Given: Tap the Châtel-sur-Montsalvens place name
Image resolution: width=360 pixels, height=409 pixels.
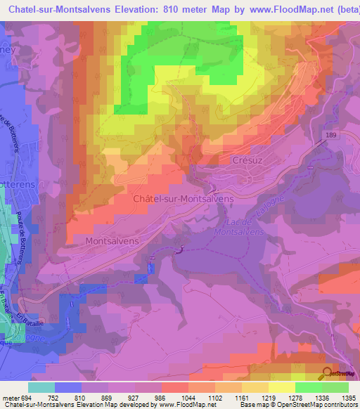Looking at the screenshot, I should pos(183,199).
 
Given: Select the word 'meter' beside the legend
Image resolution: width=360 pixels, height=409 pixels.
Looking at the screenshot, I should pos(8,397).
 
